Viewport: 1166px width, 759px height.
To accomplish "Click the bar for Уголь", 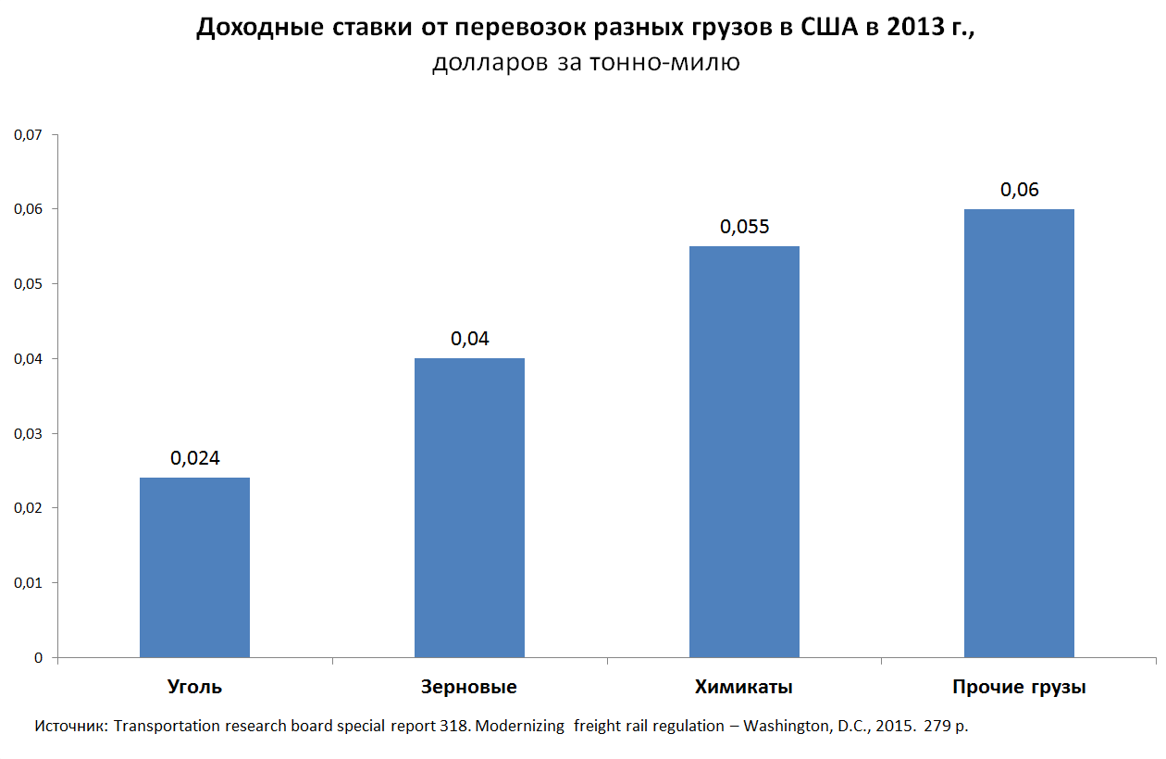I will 194,567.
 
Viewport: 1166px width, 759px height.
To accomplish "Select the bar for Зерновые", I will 469,508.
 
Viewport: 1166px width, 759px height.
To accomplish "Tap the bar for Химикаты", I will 744,452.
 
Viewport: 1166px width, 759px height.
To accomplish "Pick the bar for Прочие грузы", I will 1019,433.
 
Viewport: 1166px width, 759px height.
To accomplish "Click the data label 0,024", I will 194,457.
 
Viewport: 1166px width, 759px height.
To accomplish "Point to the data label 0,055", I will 744,227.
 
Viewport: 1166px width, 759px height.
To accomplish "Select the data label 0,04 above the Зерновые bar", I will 469,339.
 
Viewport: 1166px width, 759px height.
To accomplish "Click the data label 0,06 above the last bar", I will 1019,190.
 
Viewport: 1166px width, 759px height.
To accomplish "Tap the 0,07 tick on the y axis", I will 28,135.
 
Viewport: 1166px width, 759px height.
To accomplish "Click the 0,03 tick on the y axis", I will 28,433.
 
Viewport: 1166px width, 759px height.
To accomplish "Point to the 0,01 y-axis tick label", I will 28,583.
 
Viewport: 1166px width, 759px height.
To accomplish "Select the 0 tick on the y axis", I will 39,658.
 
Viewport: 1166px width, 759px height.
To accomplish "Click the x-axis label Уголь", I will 194,688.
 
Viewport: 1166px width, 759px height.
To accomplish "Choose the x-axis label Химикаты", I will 744,688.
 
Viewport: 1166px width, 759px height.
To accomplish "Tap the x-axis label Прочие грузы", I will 1019,688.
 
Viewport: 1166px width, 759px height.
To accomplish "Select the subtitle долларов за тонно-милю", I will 586,64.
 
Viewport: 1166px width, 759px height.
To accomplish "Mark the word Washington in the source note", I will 785,726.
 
